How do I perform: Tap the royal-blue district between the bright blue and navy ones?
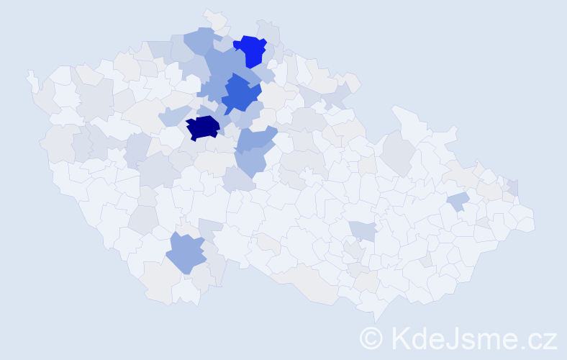click(x=240, y=94)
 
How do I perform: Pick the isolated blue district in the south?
click(x=186, y=253)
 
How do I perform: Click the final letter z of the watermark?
click(x=550, y=340)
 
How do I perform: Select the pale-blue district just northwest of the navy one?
click(x=173, y=114)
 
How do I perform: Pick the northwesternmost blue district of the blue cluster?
click(x=198, y=40)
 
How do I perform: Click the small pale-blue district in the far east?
click(x=458, y=201)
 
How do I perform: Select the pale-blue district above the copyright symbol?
click(x=363, y=230)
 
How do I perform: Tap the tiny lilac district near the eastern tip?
click(x=513, y=187)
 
